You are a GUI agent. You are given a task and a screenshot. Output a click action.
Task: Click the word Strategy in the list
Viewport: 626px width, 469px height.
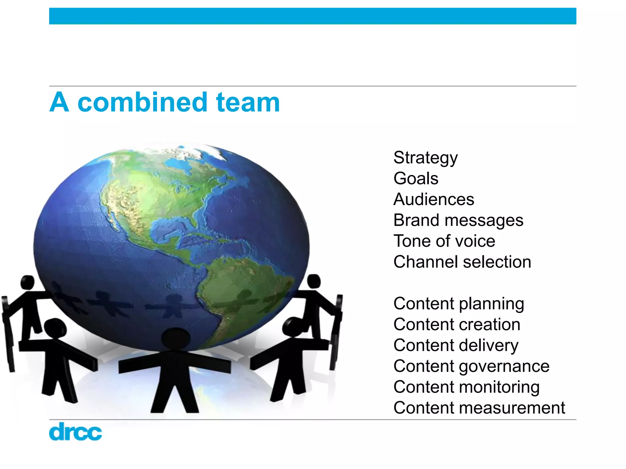pyautogui.click(x=425, y=158)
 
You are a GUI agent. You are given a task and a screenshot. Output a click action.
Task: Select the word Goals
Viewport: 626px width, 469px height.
pyautogui.click(x=416, y=178)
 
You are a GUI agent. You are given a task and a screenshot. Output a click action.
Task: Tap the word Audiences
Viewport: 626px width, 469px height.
pyautogui.click(x=434, y=199)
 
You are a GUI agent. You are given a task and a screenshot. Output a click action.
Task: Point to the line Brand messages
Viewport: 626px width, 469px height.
pyautogui.click(x=458, y=220)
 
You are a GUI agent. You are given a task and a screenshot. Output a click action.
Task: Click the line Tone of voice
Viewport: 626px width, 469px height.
pyautogui.click(x=444, y=241)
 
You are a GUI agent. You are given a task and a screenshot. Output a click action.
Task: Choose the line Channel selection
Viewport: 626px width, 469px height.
pyautogui.click(x=462, y=262)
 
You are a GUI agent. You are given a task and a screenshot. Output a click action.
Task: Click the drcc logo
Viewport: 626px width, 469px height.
pyautogui.click(x=75, y=431)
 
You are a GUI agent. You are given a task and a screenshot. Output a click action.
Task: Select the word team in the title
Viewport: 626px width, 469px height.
pyautogui.click(x=248, y=102)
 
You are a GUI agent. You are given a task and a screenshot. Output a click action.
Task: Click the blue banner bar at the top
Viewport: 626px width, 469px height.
pyautogui.click(x=312, y=16)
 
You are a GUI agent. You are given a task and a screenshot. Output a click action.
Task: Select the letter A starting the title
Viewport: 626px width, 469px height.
pyautogui.click(x=59, y=102)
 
